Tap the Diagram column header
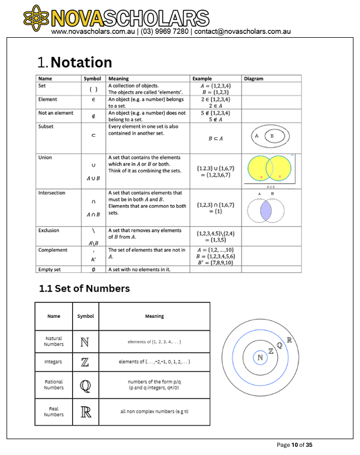(x=253, y=78)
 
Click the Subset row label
(x=46, y=126)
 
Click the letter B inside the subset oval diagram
(x=272, y=137)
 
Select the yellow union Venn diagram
(x=270, y=170)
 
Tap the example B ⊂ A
(x=216, y=138)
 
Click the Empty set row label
(x=50, y=269)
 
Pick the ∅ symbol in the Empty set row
(x=93, y=269)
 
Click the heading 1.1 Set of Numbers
(x=84, y=288)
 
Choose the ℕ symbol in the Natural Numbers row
(x=85, y=342)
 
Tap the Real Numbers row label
(x=54, y=411)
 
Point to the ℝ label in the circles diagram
(x=289, y=340)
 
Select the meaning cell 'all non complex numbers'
(x=154, y=411)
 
